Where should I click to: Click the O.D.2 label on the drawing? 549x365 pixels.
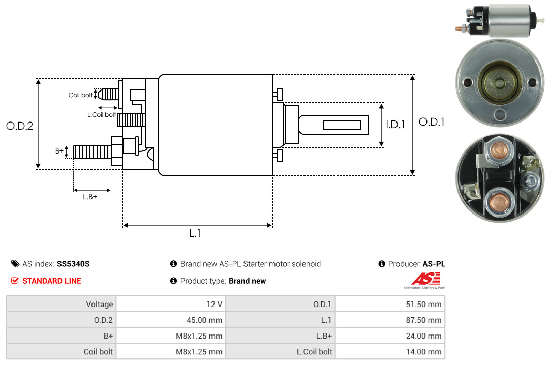click(20, 126)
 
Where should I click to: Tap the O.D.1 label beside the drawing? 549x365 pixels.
click(432, 122)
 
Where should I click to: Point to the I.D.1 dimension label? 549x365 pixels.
click(395, 125)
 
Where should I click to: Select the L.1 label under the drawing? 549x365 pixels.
click(195, 233)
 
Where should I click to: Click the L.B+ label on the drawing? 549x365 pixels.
click(90, 197)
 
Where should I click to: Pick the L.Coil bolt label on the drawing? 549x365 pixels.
click(102, 115)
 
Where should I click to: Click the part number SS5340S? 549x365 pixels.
click(73, 264)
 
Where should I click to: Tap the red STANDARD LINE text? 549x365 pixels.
click(52, 281)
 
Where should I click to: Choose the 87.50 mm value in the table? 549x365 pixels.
click(423, 320)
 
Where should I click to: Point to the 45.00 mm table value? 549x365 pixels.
click(204, 320)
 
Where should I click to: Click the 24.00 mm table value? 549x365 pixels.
click(423, 336)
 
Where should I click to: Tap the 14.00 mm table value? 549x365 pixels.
click(423, 352)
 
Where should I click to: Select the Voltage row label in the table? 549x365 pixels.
click(100, 305)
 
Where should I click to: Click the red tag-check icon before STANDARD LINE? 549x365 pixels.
click(15, 281)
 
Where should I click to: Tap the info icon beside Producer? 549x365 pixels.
click(382, 264)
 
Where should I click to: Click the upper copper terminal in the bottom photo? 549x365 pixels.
click(499, 150)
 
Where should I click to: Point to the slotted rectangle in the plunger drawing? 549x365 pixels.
click(342, 126)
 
